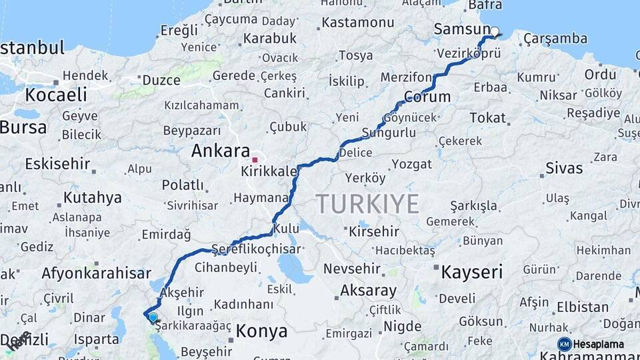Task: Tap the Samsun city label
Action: pos(461,29)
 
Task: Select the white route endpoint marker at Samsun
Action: pos(495,31)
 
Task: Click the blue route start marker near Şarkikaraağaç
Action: pos(153,317)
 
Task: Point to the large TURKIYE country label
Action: pos(367,203)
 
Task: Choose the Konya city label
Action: pos(262,331)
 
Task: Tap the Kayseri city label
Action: pos(471,271)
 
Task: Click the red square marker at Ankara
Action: pos(255,160)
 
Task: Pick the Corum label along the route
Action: pos(427,97)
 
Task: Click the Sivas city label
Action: pos(564,168)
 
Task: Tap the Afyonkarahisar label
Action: pos(96,273)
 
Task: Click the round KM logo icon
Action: pos(565,344)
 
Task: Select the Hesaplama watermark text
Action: pos(599,345)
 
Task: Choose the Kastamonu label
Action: pos(359,23)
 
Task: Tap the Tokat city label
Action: pos(487,118)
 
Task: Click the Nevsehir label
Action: pos(351,269)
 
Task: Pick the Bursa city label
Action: pos(23,127)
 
